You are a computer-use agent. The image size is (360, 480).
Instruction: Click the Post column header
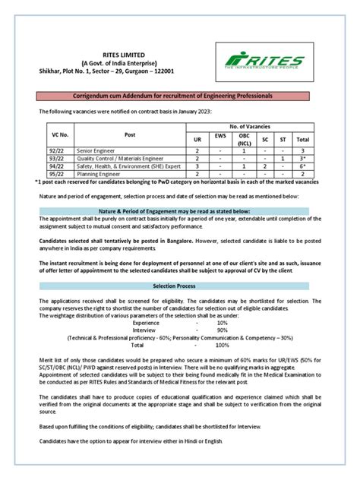coord(130,134)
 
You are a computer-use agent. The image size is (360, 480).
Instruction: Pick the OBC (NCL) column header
coord(244,140)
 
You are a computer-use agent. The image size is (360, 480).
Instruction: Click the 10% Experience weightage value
coord(222,323)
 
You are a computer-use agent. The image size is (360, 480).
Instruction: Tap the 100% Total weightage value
coord(222,345)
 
